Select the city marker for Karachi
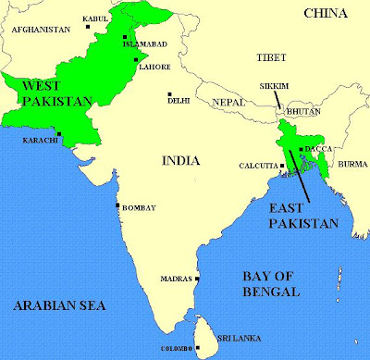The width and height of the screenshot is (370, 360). tap(60, 135)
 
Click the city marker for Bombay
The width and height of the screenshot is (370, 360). tap(117, 205)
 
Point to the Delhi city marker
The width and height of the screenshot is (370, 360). tap(169, 93)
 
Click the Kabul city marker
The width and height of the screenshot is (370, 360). tap(94, 26)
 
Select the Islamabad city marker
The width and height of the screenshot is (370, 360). tap(126, 36)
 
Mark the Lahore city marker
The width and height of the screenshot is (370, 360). tap(131, 64)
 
